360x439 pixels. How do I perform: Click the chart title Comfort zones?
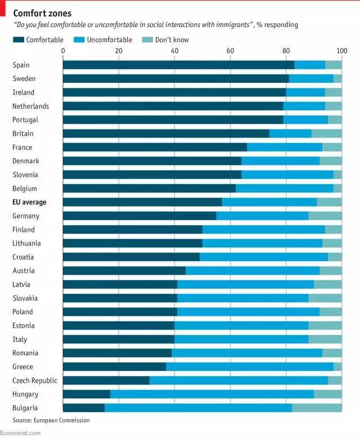coord(42,12)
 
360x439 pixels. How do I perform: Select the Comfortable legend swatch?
coord(18,40)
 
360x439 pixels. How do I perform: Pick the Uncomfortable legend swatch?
coord(79,40)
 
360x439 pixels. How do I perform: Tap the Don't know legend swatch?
coord(148,40)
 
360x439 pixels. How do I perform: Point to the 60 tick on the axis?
coord(230,51)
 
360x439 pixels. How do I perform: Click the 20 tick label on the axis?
coord(119,51)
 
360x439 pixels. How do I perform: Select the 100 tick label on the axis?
coord(341,51)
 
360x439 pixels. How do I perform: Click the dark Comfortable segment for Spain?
coord(178,65)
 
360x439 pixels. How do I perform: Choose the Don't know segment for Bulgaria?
coord(317,407)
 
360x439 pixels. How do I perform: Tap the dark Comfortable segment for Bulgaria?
coord(83,407)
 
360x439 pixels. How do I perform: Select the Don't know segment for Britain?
coord(326,133)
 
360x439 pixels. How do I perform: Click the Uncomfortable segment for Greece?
coord(250,366)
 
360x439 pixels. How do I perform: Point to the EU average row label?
coord(29,202)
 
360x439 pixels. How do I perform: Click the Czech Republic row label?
coord(35,380)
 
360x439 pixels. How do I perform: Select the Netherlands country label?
coord(31,106)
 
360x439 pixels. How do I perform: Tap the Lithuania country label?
coord(27,243)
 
